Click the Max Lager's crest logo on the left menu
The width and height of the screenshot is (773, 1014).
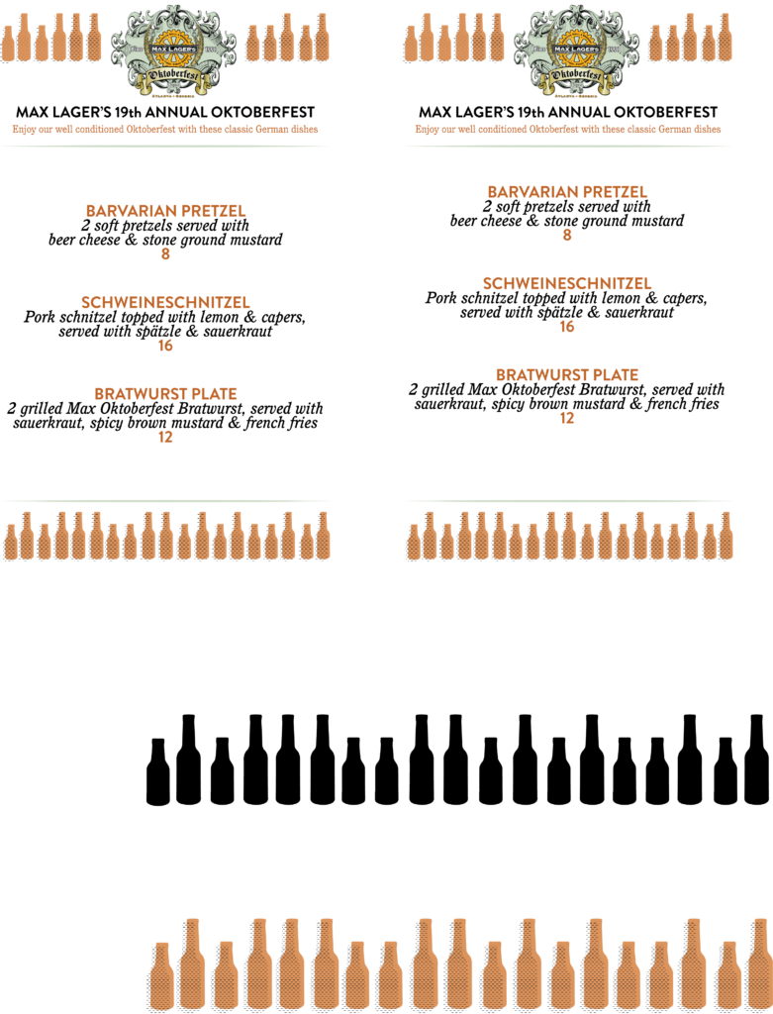tap(174, 51)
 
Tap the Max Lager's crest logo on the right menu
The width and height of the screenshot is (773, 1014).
tap(577, 51)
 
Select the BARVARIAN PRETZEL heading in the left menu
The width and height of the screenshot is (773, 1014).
tap(165, 211)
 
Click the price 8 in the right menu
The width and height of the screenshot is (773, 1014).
tap(567, 235)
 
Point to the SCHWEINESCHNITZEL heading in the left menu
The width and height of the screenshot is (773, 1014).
tap(165, 302)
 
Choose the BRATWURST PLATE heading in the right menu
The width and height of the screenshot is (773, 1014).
tap(567, 374)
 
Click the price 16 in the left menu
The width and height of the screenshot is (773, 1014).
tap(165, 346)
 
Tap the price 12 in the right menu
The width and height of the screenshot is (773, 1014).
tap(567, 418)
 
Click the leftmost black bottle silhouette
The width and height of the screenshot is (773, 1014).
tap(158, 771)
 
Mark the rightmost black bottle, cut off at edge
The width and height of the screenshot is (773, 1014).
tap(758, 760)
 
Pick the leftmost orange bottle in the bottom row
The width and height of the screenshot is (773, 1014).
tap(162, 976)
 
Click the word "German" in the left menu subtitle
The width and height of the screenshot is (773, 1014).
tap(271, 130)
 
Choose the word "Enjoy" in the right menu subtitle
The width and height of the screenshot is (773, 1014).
tap(427, 130)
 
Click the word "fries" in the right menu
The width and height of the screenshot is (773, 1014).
tap(704, 404)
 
